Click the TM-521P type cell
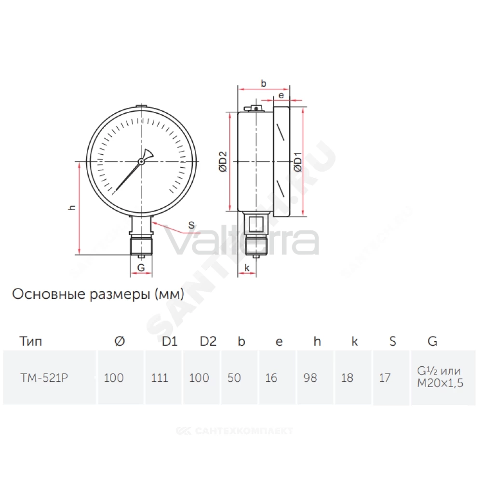pyautogui.click(x=44, y=377)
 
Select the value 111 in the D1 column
pyautogui.click(x=160, y=377)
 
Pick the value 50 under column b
pyautogui.click(x=234, y=377)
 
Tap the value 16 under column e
pyautogui.click(x=271, y=377)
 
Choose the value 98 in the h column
pyautogui.click(x=310, y=377)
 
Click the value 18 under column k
pyautogui.click(x=347, y=377)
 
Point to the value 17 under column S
pyautogui.click(x=385, y=377)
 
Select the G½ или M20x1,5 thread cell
pyautogui.click(x=440, y=377)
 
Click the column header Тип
pyautogui.click(x=31, y=341)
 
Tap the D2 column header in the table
pyautogui.click(x=208, y=341)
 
